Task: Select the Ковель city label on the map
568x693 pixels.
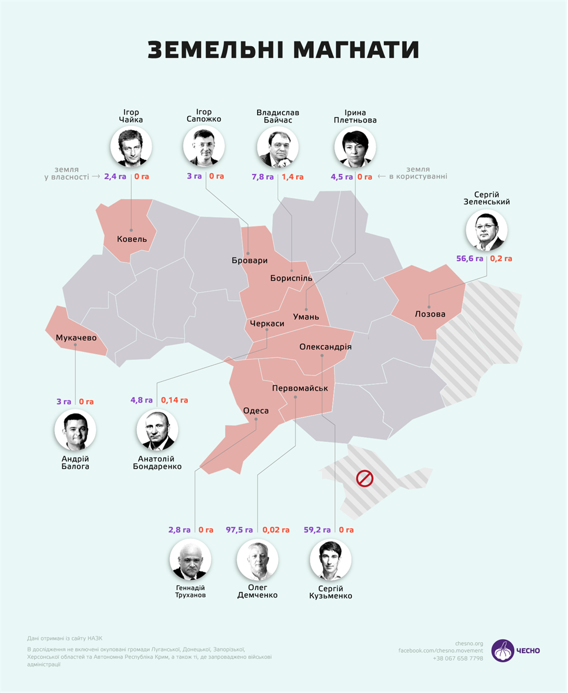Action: click(x=132, y=239)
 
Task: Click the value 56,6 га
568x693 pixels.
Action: click(x=470, y=259)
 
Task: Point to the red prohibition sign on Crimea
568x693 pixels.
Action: click(x=365, y=478)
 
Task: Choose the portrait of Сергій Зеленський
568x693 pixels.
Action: click(x=487, y=230)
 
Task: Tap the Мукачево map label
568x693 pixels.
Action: click(x=76, y=337)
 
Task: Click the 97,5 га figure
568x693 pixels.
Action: click(x=239, y=529)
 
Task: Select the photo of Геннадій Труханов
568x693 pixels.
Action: click(x=190, y=559)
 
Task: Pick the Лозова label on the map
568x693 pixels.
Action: click(x=430, y=314)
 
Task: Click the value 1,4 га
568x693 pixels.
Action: click(x=292, y=177)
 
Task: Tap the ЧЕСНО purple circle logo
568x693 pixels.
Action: click(x=503, y=650)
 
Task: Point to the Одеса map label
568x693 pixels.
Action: click(x=256, y=411)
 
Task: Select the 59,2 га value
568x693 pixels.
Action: click(x=317, y=529)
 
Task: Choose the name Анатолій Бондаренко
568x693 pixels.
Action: click(x=157, y=462)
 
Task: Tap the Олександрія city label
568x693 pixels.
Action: click(x=325, y=347)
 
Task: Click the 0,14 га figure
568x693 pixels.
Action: click(x=175, y=400)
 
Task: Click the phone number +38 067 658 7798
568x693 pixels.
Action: click(x=458, y=658)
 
